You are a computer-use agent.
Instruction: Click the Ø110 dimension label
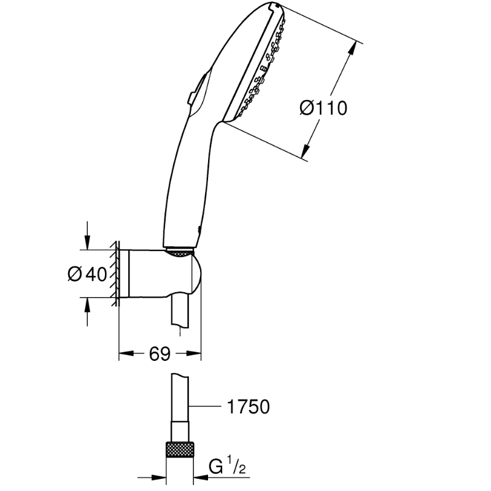323,108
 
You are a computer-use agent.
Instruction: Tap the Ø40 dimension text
87,274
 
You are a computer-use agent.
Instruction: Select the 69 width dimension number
160,354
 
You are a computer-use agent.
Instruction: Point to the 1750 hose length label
248,407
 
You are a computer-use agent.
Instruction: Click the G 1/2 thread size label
227,466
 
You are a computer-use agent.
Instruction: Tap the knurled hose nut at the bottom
180,450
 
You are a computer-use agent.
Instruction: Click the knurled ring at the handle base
179,253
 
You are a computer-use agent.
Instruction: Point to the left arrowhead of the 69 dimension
126,354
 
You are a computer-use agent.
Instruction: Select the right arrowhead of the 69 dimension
193,354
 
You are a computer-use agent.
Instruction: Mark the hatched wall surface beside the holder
115,273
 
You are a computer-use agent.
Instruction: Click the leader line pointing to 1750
205,406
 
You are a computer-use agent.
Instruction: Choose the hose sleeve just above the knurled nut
180,432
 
